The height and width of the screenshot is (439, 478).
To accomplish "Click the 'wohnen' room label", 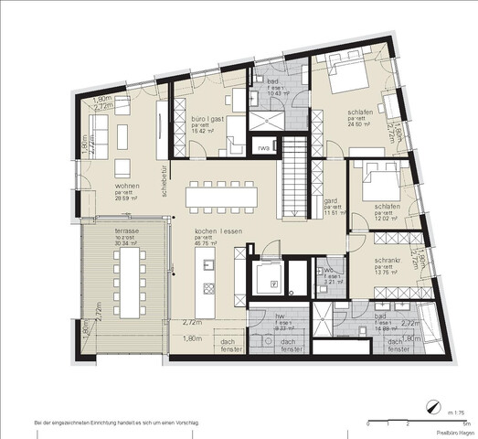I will pyautogui.click(x=128, y=186).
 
